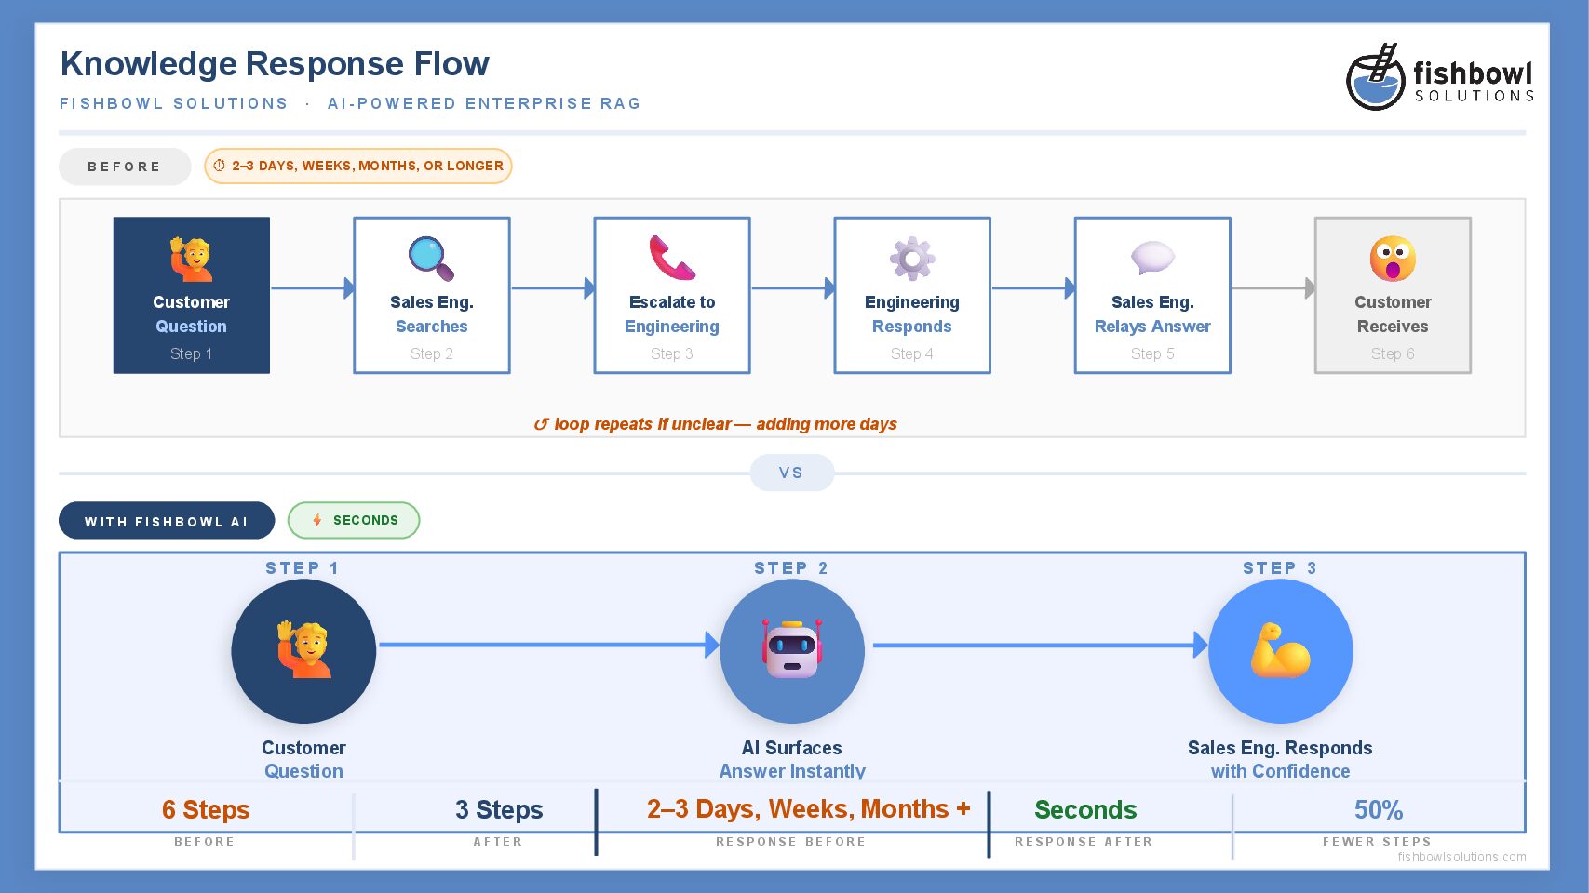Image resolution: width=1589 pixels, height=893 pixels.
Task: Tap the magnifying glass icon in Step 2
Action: point(431,258)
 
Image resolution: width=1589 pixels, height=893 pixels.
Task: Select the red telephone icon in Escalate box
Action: point(672,258)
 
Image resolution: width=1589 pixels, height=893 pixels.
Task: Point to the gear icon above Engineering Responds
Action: point(912,258)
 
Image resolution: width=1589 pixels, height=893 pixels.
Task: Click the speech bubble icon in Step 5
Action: point(1152,258)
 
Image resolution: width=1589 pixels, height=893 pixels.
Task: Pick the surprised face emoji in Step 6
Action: point(1393,258)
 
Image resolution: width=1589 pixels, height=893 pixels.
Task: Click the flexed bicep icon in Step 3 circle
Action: point(1281,650)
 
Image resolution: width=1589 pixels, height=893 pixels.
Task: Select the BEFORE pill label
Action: point(125,167)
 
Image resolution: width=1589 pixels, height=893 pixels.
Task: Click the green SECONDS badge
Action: point(354,520)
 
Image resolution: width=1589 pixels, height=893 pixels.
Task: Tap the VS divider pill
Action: point(791,473)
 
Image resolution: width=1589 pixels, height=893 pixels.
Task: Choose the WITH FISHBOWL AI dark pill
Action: point(167,521)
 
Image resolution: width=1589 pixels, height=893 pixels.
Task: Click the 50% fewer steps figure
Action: point(1379,809)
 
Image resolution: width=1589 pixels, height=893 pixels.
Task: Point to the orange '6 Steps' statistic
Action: point(206,809)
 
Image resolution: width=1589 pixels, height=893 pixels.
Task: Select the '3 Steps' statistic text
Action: point(499,809)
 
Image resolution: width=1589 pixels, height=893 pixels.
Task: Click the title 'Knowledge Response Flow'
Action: point(275,64)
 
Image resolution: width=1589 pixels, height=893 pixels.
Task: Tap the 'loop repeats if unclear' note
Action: point(715,424)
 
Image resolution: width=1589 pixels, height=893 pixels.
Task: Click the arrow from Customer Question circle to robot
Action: point(550,645)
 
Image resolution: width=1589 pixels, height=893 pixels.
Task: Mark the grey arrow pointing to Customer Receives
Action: point(1274,287)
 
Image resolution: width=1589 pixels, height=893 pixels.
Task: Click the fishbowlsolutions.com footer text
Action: point(1462,857)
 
